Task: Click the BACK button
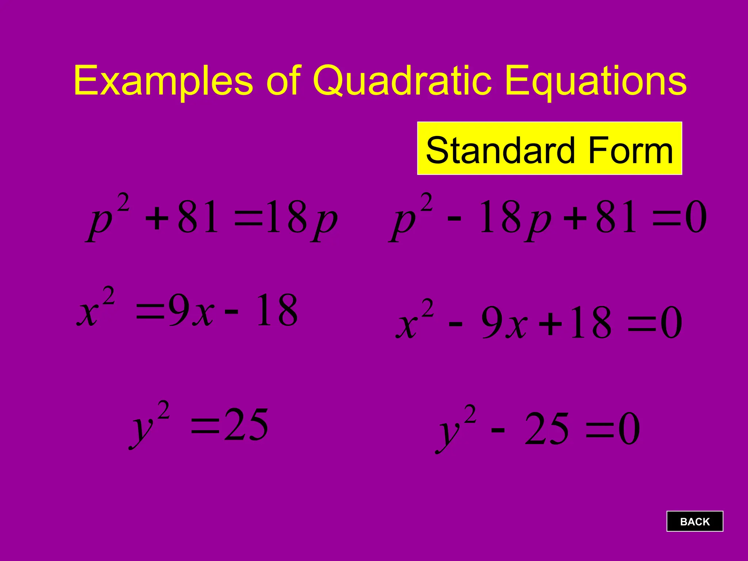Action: pyautogui.click(x=695, y=521)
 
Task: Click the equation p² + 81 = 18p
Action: pyautogui.click(x=212, y=218)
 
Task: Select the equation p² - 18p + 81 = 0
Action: pyautogui.click(x=548, y=218)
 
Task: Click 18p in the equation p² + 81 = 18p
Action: pyautogui.click(x=301, y=218)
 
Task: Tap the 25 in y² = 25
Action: pyautogui.click(x=247, y=425)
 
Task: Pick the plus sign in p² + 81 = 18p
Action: pyautogui.click(x=157, y=219)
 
